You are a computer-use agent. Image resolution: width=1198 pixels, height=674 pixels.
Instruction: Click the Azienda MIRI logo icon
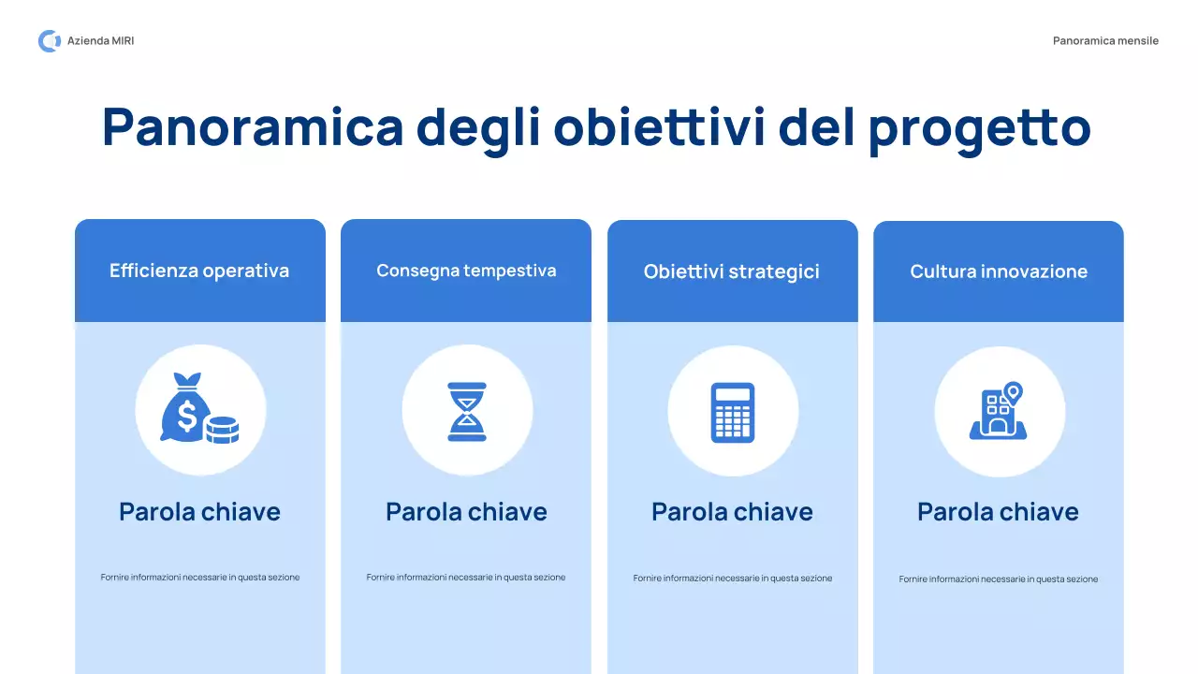click(49, 41)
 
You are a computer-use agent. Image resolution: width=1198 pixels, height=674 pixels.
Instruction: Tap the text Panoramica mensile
click(1105, 41)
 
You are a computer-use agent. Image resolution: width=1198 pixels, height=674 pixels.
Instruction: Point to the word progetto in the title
click(979, 129)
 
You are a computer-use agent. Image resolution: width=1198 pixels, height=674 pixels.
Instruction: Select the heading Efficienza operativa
click(199, 271)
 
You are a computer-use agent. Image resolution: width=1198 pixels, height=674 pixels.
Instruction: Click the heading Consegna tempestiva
click(466, 271)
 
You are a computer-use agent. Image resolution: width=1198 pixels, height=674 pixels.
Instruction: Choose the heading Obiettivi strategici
click(732, 272)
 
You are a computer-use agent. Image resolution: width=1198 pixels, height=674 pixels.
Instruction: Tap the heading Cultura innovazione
click(999, 272)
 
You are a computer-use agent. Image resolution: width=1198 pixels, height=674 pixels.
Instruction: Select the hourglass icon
click(467, 411)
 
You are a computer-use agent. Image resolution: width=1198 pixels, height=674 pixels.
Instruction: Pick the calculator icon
click(733, 412)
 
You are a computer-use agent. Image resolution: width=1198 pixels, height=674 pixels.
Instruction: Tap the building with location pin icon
click(998, 413)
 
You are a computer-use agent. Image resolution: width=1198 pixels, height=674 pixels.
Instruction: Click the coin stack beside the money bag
click(222, 430)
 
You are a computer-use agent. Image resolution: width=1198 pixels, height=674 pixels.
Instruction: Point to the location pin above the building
click(1012, 391)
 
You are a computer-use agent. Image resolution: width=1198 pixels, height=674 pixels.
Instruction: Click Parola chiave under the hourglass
click(466, 512)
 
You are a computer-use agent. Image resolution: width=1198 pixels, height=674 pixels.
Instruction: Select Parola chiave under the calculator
click(732, 512)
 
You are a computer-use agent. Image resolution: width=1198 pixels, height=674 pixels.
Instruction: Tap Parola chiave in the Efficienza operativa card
click(199, 512)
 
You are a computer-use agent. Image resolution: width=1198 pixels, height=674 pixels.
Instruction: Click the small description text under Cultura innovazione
click(999, 579)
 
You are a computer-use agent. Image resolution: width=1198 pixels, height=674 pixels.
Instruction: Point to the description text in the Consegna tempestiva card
click(466, 578)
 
